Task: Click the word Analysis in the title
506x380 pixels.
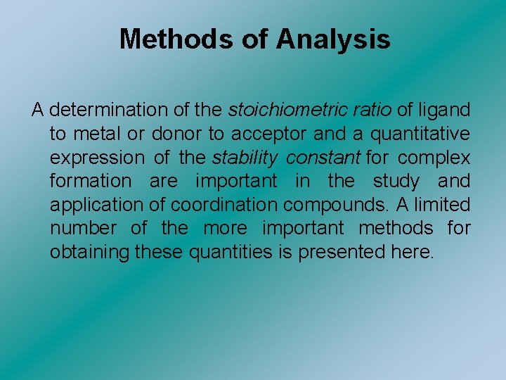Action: click(333, 39)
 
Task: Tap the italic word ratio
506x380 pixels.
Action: click(374, 110)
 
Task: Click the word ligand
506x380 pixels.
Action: click(445, 110)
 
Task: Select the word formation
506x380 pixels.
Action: click(90, 181)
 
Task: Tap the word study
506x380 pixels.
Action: click(396, 181)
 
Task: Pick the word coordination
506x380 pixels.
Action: click(228, 205)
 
